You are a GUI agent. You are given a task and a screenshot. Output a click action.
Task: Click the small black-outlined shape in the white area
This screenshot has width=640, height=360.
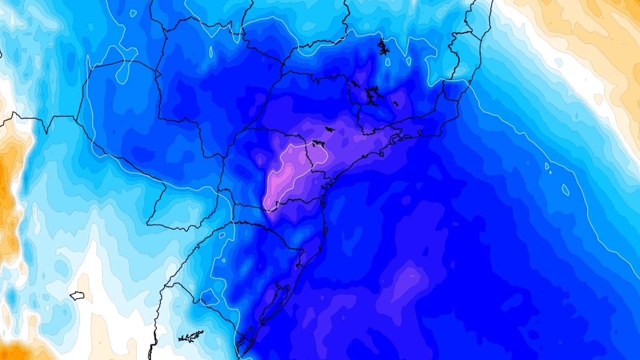click(77, 295)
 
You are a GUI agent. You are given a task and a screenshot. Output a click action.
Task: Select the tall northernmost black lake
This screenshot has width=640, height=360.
click(383, 47)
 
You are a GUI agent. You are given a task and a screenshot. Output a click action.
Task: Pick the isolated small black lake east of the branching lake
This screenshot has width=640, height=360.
click(395, 104)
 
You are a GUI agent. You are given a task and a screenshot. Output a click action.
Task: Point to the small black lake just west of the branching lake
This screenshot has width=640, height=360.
click(355, 84)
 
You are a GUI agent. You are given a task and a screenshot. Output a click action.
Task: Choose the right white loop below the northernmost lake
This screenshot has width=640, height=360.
click(409, 61)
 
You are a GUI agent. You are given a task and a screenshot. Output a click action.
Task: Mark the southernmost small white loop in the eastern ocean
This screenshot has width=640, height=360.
click(566, 190)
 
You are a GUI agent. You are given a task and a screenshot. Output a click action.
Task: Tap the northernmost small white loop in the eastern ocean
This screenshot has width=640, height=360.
click(547, 165)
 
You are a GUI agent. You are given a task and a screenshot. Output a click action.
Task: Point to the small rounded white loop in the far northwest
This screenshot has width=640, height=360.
click(133, 13)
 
